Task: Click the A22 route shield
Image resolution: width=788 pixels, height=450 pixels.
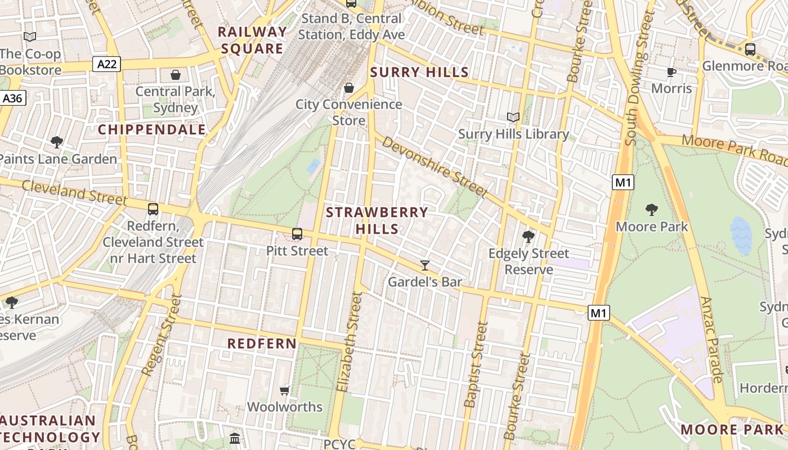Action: click(x=107, y=64)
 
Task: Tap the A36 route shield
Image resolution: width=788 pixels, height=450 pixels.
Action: click(x=12, y=98)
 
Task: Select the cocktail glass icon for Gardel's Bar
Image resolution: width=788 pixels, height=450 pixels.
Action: click(x=425, y=265)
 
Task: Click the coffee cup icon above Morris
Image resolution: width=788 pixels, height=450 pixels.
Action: click(x=671, y=72)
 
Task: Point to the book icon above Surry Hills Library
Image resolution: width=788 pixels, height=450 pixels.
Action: click(x=513, y=118)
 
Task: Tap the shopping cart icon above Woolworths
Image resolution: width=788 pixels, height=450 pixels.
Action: click(x=285, y=390)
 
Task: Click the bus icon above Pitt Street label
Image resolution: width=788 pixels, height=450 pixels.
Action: click(x=297, y=234)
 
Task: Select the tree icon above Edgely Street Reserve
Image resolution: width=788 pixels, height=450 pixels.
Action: click(x=528, y=237)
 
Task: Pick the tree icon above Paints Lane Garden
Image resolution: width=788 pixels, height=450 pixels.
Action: click(x=56, y=142)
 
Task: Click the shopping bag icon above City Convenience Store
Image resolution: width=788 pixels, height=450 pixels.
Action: click(x=349, y=88)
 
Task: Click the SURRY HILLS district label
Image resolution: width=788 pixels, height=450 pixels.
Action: click(x=419, y=72)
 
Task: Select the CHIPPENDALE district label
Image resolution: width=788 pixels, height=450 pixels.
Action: click(x=152, y=130)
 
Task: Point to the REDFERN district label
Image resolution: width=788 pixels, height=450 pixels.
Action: click(x=262, y=343)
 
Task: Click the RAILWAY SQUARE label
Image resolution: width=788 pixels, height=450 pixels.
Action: click(x=252, y=40)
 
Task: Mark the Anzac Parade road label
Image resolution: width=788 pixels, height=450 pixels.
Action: click(x=710, y=340)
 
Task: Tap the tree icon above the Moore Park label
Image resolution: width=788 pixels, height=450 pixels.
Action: click(x=652, y=210)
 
